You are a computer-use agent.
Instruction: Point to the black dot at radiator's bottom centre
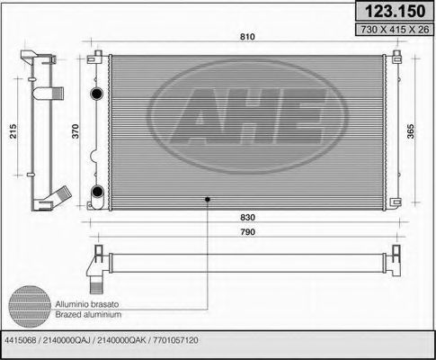click(209, 198)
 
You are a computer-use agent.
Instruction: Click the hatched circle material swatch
click(36, 305)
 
